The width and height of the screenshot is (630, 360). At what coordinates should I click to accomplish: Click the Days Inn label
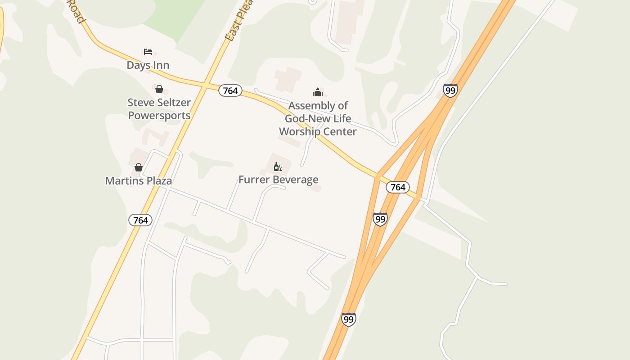148,65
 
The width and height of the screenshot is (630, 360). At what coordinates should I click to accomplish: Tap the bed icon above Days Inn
148,52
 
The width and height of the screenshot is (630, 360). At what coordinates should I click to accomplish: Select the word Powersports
159,116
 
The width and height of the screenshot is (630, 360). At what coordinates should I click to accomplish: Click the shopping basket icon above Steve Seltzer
159,89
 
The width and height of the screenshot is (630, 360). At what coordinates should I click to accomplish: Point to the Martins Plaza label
139,181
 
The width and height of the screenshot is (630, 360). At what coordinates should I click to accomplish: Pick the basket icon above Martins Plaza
139,167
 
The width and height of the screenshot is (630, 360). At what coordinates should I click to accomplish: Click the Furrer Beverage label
278,180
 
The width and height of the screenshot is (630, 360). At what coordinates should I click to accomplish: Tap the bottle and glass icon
278,167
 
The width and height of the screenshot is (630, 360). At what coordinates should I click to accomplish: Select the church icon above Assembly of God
318,93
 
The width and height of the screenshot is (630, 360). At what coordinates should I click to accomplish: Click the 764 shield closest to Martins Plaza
140,220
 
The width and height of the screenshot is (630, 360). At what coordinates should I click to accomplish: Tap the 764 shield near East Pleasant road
230,90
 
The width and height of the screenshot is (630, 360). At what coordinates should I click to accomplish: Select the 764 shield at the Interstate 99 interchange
398,187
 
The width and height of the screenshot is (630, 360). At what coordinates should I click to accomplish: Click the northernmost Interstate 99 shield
450,90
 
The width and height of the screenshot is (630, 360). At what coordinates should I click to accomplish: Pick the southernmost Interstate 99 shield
348,319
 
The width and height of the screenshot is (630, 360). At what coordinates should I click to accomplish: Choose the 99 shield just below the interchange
380,219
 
